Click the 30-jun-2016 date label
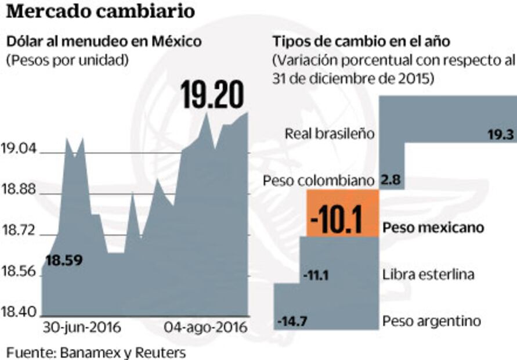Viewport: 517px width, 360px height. [x=82, y=327]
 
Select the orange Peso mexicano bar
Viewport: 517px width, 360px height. [x=342, y=213]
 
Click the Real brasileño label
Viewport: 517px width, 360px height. [x=329, y=134]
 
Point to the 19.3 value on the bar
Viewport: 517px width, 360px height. [x=500, y=135]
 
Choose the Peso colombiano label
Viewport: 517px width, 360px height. [x=317, y=181]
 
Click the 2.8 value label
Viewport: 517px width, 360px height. [x=392, y=181]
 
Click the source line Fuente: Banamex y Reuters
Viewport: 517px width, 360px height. [x=96, y=352]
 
